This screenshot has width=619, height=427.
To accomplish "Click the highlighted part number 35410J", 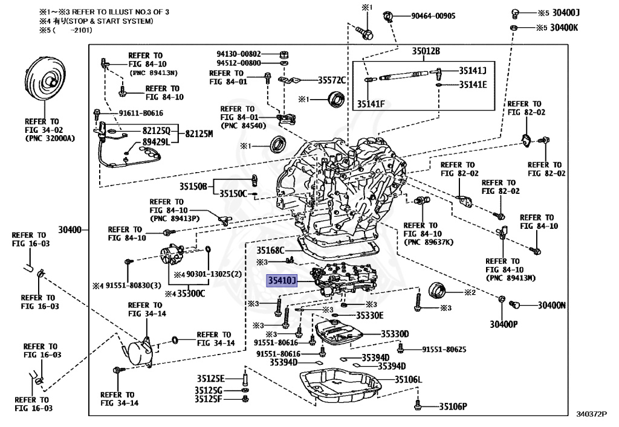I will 283,280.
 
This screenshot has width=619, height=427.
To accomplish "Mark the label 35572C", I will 331,80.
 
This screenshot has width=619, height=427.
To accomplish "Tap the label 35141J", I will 476,70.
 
